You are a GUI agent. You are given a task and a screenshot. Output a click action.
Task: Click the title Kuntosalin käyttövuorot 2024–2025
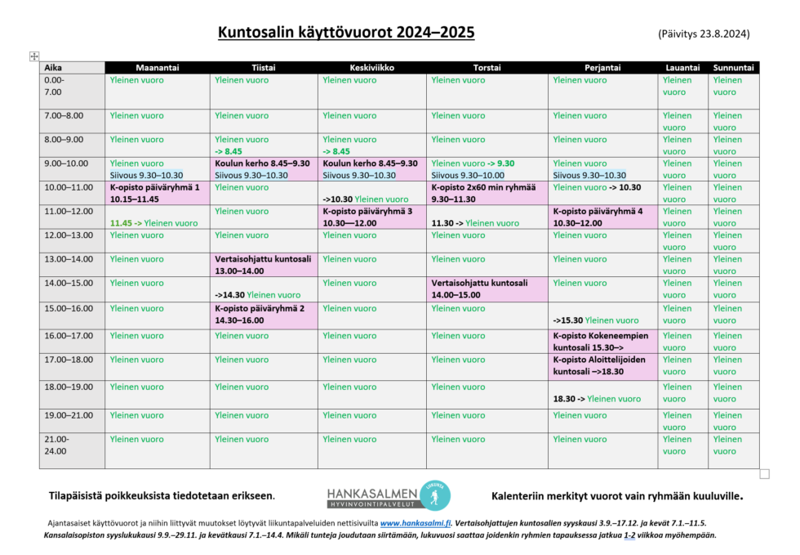pyautogui.click(x=345, y=33)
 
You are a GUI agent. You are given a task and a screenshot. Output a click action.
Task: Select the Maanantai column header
pyautogui.click(x=157, y=68)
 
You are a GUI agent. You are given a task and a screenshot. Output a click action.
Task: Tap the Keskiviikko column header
pyautogui.click(x=371, y=68)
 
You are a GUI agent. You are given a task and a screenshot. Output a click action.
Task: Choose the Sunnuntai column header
pyautogui.click(x=734, y=68)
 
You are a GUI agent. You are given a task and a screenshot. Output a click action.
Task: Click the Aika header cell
pyautogui.click(x=54, y=68)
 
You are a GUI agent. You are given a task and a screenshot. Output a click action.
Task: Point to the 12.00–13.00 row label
pyautogui.click(x=69, y=235)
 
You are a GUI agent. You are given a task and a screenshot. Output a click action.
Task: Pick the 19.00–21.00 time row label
pyautogui.click(x=69, y=415)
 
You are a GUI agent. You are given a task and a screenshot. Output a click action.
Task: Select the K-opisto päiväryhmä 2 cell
pyautogui.click(x=260, y=315)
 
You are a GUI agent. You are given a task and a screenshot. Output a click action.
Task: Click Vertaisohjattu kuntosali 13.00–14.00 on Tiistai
pyautogui.click(x=263, y=264)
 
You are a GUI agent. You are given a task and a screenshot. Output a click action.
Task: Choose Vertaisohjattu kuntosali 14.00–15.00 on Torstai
pyautogui.click(x=479, y=289)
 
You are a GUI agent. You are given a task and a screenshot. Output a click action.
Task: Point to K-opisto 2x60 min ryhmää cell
pyautogui.click(x=483, y=193)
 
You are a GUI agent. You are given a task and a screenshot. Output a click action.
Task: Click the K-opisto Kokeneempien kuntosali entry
pyautogui.click(x=601, y=341)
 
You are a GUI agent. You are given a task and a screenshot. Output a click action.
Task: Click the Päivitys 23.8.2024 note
pyautogui.click(x=703, y=34)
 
